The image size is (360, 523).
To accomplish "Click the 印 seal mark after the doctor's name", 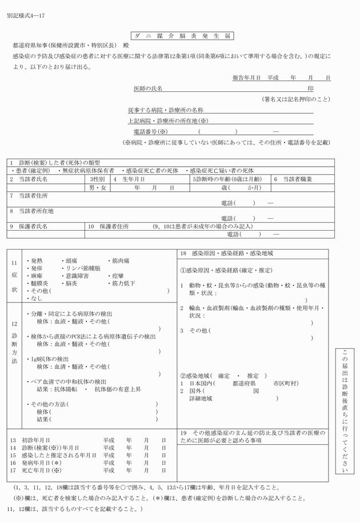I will pyautogui.click(x=311, y=88).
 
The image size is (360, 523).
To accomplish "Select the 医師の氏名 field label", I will pyautogui.click(x=148, y=88).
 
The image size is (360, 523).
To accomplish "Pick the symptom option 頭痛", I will pyautogui.click(x=73, y=260).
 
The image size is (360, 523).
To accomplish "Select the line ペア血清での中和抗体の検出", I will pyautogui.click(x=69, y=381).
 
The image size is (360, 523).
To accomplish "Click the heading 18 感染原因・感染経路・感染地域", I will pyautogui.click(x=226, y=253).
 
